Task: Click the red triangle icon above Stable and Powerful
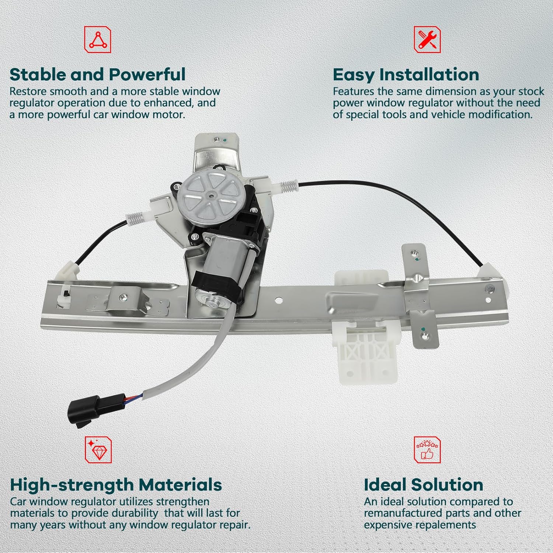(98, 39)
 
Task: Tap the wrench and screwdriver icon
(427, 39)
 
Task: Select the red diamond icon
(98, 449)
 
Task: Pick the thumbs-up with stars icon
(427, 449)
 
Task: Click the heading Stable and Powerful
(97, 74)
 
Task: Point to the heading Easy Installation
(406, 74)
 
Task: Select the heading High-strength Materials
(116, 484)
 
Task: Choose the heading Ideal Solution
(423, 484)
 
